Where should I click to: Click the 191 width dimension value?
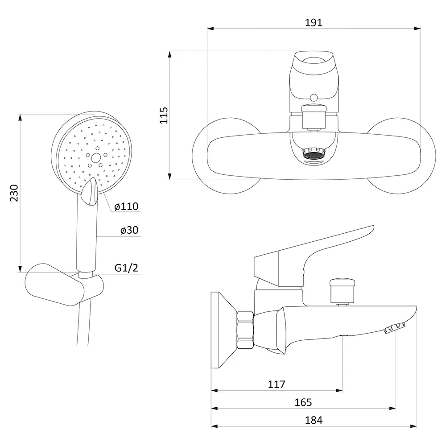pyautogui.click(x=314, y=22)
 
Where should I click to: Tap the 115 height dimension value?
pyautogui.click(x=164, y=115)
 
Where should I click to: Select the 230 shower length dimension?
pyautogui.click(x=14, y=193)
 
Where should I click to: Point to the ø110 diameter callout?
pyautogui.click(x=126, y=206)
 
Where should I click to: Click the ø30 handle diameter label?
pyautogui.click(x=129, y=230)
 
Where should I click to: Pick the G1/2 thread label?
pyautogui.click(x=126, y=268)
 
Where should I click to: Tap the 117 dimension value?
pyautogui.click(x=276, y=384)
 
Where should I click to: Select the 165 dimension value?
pyautogui.click(x=303, y=402)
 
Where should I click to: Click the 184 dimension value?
pyautogui.click(x=314, y=420)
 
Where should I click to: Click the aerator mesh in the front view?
pyautogui.click(x=314, y=156)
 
